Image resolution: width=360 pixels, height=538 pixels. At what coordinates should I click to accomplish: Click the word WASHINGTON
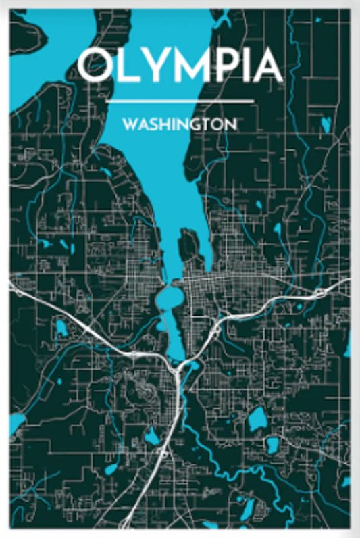click(179, 125)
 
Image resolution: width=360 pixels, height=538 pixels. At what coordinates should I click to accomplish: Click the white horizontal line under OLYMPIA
click(180, 101)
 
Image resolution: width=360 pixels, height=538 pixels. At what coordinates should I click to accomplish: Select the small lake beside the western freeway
click(61, 329)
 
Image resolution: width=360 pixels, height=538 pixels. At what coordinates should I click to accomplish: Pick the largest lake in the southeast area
click(257, 420)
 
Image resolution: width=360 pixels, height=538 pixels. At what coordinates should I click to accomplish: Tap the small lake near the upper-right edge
click(326, 124)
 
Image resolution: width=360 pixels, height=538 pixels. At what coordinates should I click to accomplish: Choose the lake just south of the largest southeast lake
click(272, 445)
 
